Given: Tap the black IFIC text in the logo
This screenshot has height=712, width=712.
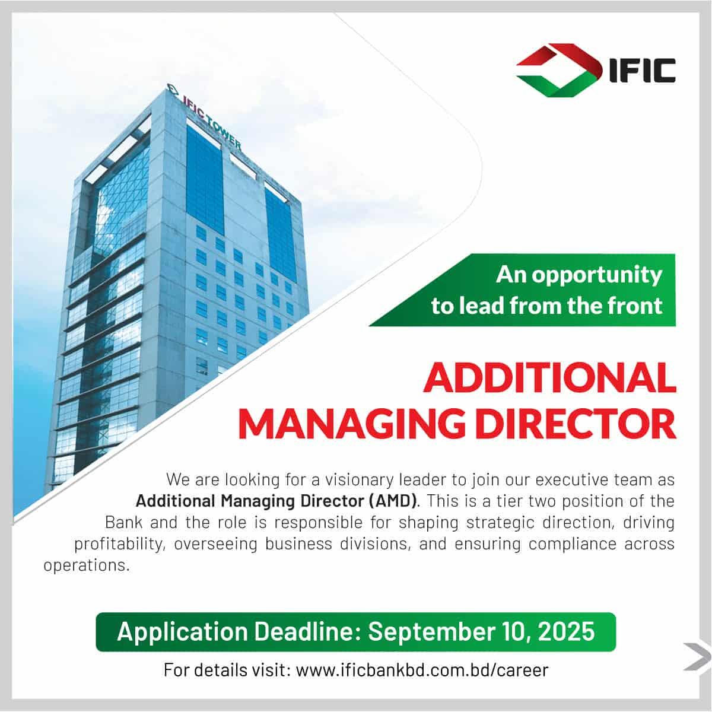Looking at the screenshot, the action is (643, 71).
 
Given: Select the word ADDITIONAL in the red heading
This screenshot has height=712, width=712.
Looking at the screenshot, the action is (550, 377).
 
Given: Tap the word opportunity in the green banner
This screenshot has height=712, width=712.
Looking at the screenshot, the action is (597, 276).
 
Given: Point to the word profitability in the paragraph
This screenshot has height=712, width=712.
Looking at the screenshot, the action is (119, 544).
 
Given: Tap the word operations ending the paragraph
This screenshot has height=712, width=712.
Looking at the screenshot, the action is (87, 565).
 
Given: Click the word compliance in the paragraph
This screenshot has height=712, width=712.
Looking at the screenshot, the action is (573, 544).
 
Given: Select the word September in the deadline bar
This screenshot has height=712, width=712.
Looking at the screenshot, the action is (431, 631).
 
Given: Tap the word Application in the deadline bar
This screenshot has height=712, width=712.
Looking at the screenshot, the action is (182, 632).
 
